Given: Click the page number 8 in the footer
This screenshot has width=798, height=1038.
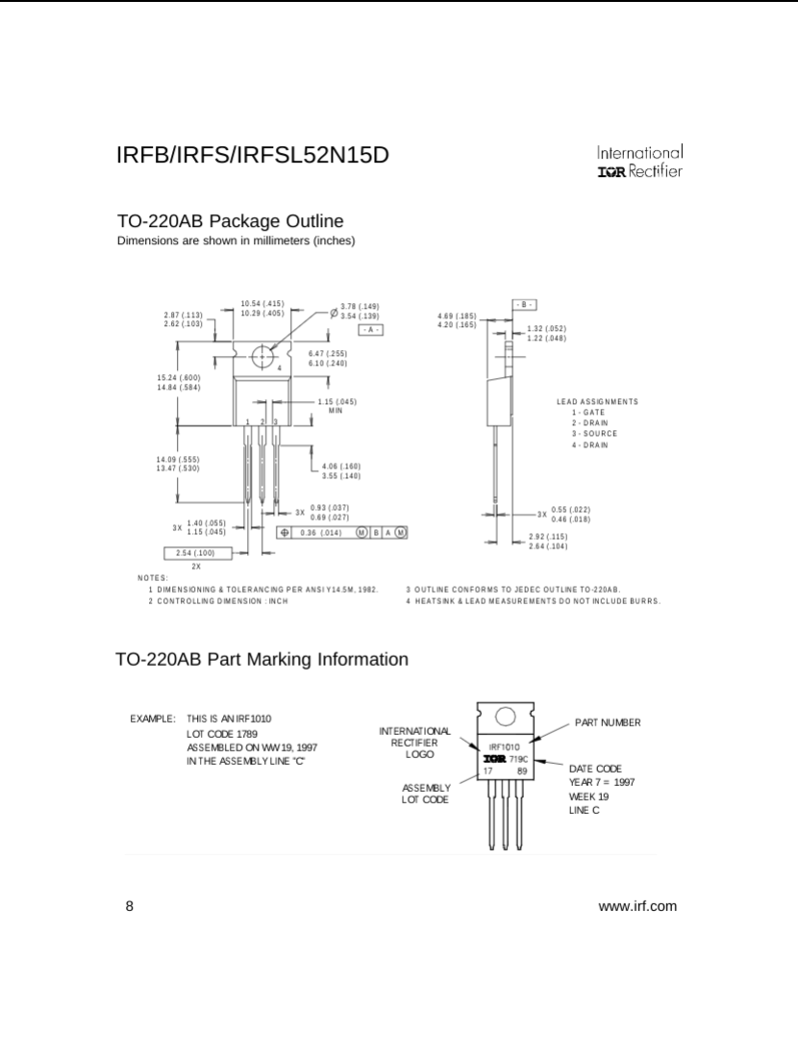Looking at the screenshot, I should [130, 906].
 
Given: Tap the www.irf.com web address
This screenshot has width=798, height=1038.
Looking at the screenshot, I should [637, 906].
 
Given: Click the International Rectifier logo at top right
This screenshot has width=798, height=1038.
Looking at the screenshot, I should [639, 162].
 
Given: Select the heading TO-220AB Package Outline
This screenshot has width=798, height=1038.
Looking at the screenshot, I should [230, 221].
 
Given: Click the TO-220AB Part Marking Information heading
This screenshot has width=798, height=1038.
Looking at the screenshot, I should [262, 659].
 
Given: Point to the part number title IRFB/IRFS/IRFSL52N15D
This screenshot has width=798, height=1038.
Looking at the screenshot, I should [253, 155].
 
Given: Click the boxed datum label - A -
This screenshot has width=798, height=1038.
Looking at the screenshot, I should [370, 329].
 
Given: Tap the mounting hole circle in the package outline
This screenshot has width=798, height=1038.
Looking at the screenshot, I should [263, 357].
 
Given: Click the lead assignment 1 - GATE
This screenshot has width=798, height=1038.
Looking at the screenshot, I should [586, 412].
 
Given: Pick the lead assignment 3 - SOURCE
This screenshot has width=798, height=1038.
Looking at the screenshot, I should [593, 434].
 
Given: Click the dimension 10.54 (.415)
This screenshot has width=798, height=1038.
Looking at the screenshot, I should [262, 303].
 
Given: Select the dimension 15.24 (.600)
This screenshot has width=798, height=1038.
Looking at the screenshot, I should [179, 376].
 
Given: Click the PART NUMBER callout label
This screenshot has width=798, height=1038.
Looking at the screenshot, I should [608, 722].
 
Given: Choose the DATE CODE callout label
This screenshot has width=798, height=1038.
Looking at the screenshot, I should [595, 769].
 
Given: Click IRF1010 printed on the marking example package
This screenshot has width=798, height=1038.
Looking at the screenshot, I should [504, 747].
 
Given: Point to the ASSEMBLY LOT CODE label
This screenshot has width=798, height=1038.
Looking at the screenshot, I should [425, 794].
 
